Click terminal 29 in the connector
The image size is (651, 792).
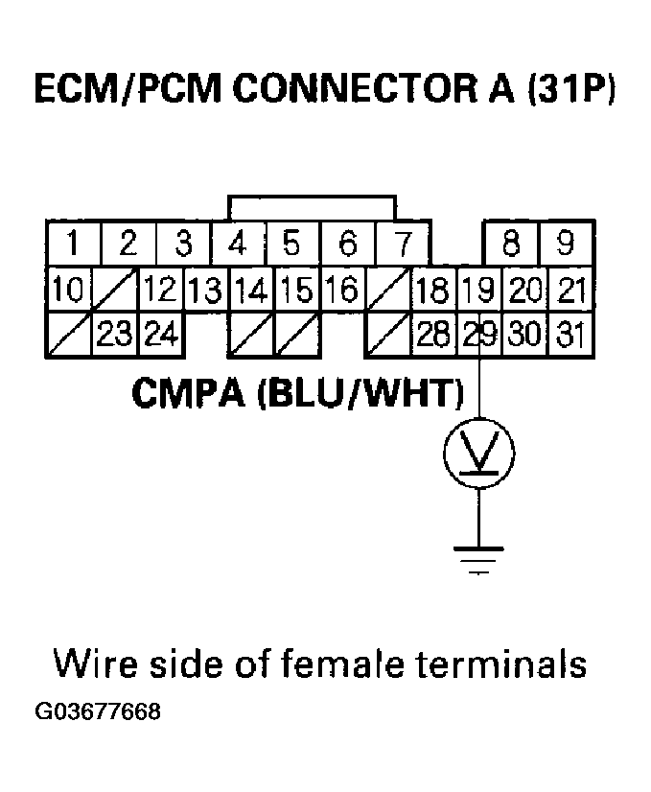(479, 335)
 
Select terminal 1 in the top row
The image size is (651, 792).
(73, 244)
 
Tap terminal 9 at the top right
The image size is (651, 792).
(567, 244)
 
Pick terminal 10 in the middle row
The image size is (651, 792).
(67, 290)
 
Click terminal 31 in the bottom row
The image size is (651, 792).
(571, 335)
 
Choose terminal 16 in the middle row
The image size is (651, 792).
(342, 290)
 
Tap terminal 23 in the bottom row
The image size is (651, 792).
(115, 335)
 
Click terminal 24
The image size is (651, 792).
(161, 335)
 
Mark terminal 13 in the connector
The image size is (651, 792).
(206, 290)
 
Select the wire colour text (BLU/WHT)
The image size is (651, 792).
(358, 393)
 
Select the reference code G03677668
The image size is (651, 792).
(98, 713)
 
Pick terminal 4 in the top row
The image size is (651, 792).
(238, 244)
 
